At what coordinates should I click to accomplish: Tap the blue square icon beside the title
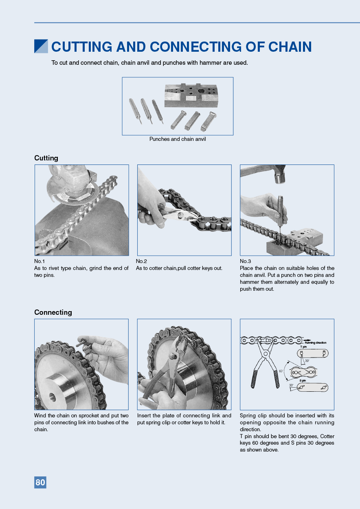(41, 46)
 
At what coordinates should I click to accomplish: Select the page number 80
(40, 483)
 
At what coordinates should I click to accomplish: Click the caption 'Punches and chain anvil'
(178, 139)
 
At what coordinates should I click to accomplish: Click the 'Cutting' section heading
(46, 158)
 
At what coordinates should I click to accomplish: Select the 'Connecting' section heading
(53, 312)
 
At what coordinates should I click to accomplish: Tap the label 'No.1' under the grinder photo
(40, 261)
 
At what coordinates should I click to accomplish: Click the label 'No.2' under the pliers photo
(141, 261)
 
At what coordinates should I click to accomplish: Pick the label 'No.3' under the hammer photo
(245, 261)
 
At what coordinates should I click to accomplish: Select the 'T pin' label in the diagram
(303, 347)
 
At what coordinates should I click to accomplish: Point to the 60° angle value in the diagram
(281, 371)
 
